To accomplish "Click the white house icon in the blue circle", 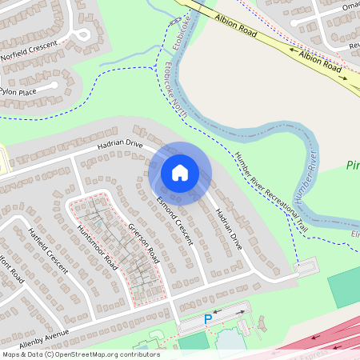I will pos(180,173).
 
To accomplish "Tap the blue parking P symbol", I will pos(208,319).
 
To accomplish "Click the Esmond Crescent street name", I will pos(174,220).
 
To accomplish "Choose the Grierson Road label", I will pos(144,243).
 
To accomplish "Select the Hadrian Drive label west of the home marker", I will pos(119,145).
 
